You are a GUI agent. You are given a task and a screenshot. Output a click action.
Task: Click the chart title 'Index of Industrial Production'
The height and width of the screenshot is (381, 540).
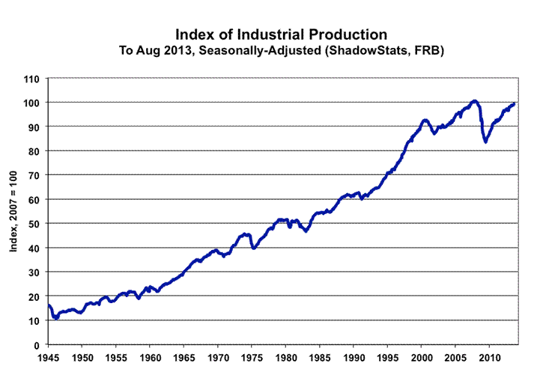tap(281, 34)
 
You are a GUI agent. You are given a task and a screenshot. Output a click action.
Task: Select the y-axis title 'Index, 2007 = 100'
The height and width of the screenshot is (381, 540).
tap(14, 211)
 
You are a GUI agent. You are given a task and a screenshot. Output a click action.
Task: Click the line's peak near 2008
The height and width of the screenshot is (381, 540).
tap(474, 100)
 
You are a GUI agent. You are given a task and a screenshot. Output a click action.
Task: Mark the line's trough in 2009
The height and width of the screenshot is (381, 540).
tap(486, 141)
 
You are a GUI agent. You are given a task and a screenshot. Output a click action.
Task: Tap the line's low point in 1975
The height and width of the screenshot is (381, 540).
tap(255, 247)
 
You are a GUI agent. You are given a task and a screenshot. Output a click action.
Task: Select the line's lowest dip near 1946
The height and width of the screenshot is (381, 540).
tap(55, 318)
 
